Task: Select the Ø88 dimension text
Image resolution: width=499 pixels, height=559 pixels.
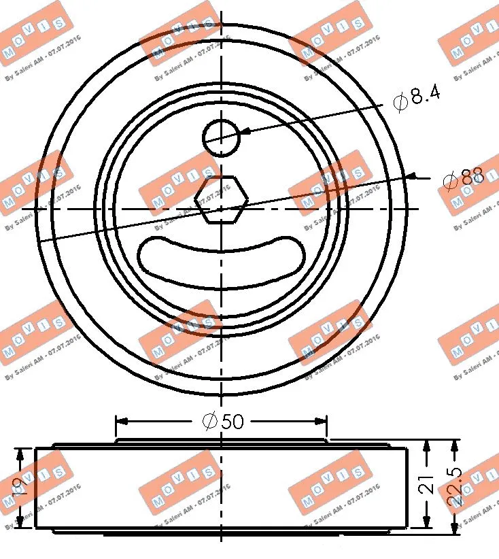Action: [462, 180]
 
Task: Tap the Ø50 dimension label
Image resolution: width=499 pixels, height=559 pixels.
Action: [223, 422]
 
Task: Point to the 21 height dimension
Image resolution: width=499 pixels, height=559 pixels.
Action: [426, 484]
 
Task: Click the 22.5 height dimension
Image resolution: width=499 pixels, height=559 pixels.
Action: [454, 484]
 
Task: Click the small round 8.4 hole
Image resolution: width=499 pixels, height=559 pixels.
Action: [222, 138]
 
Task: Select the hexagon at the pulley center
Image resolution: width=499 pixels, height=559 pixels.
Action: [221, 199]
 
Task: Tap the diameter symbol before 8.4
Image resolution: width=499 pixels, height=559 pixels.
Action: [400, 101]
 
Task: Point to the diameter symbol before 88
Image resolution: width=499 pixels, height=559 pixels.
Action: [448, 181]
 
